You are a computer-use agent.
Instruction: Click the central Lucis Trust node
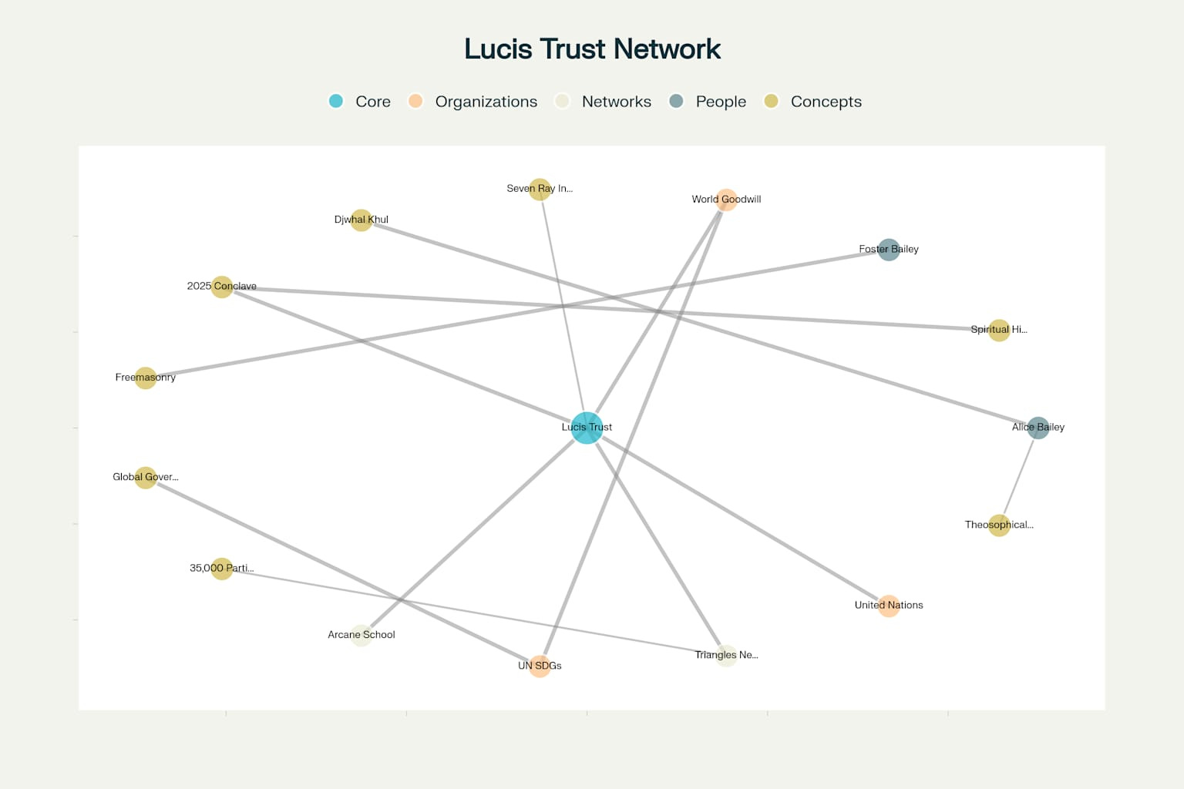587,428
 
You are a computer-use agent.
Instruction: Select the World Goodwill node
726,200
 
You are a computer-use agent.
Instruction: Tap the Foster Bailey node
889,250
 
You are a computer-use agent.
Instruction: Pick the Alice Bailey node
1038,428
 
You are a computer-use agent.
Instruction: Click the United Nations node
889,606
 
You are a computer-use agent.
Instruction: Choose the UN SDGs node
540,666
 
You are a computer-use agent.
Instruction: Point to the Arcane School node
361,636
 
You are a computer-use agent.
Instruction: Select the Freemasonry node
146,378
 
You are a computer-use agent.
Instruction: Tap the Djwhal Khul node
361,220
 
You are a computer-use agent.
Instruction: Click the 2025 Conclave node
222,287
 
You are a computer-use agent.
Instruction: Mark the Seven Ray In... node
540,189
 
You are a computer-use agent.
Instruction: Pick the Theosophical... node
999,525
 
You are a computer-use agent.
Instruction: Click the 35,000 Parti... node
222,569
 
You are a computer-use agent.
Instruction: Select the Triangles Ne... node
726,656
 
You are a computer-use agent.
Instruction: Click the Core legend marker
336,101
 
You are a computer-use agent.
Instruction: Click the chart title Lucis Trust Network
592,49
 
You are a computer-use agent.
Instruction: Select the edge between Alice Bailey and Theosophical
1019,476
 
